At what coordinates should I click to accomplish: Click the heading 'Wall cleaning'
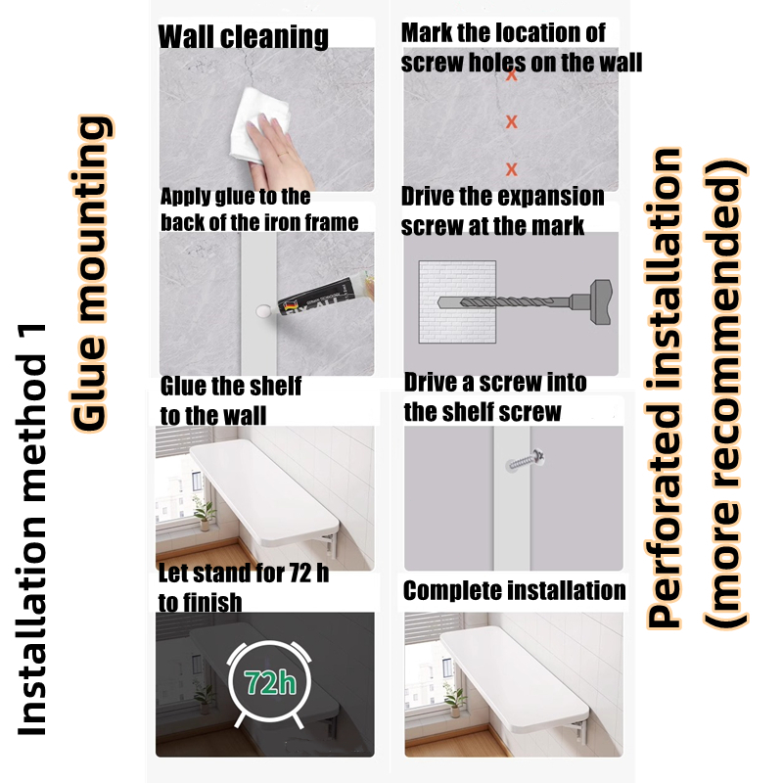pos(243,36)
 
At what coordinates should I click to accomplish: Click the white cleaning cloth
pos(259,125)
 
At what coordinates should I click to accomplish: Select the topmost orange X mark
pos(511,75)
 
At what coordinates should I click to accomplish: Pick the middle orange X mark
pos(511,121)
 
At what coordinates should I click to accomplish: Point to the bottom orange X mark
pos(511,168)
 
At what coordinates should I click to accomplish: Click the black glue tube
pos(325,299)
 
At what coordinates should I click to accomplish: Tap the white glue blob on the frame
pos(263,311)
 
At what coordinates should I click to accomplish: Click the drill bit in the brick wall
pos(504,302)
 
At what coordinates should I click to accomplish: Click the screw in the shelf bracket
pos(526,460)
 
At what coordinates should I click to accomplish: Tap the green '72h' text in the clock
pos(270,682)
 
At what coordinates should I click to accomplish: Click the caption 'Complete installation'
pos(515,591)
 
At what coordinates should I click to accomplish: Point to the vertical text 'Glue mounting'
pos(90,274)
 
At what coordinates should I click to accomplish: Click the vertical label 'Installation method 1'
pos(31,530)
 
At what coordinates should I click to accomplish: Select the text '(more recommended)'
pos(725,393)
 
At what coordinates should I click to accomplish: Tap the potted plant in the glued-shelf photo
pos(205,515)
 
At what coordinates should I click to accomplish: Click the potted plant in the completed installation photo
pos(454,700)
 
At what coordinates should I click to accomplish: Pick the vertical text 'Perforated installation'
pos(665,388)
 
